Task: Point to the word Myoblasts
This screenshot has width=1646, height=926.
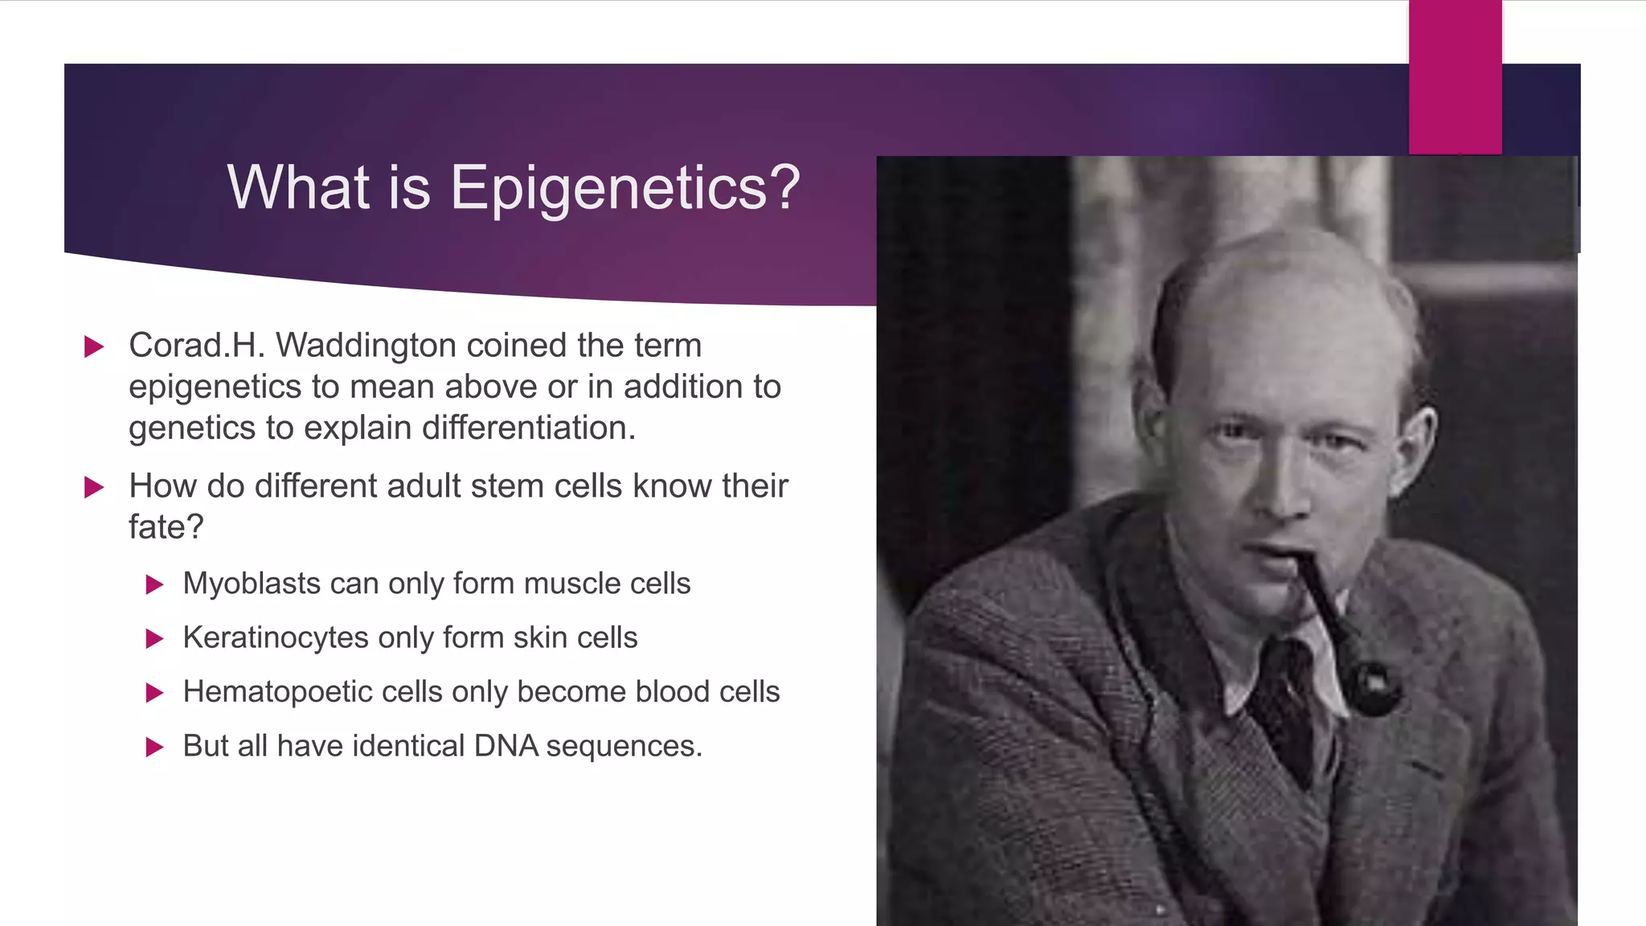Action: coord(251,584)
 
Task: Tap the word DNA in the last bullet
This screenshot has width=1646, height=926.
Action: coord(506,746)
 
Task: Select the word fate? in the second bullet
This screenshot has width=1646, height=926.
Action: coord(166,527)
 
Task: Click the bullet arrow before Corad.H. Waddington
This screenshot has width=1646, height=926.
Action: coord(94,347)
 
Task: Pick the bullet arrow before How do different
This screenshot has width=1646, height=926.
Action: coord(94,487)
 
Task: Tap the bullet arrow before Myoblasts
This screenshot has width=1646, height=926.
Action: coord(154,584)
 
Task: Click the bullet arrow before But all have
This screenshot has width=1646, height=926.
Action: coord(154,748)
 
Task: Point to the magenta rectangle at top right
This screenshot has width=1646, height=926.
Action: coord(1455,77)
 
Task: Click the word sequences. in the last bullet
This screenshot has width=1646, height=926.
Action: coord(624,747)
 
